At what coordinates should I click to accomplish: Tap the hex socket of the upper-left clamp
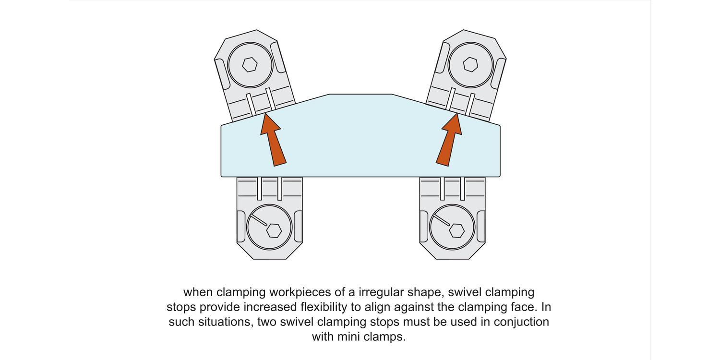tap(250, 64)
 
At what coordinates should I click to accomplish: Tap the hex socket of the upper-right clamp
tap(470, 64)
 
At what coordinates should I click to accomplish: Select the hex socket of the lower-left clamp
tap(274, 230)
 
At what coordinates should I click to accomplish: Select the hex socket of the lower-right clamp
tap(456, 230)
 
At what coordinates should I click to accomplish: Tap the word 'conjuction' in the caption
tap(522, 322)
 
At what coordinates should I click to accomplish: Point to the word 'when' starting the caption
tap(198, 292)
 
